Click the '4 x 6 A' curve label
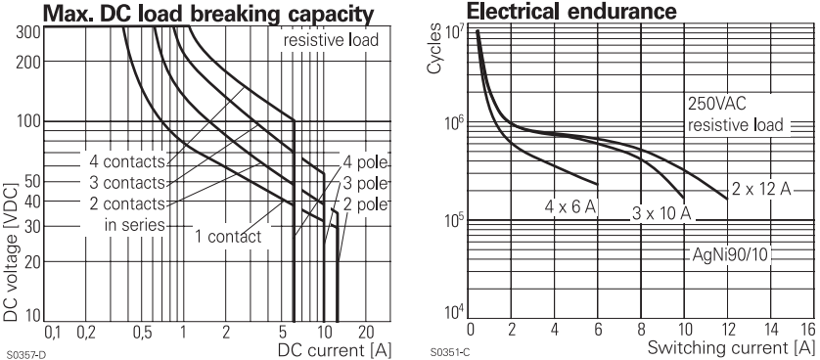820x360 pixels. [570, 206]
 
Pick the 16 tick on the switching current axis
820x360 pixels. [805, 330]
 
